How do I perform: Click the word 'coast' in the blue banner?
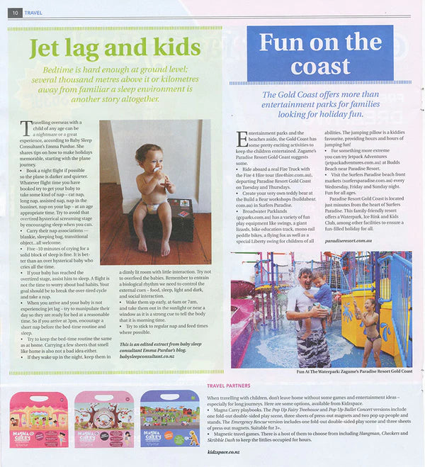tap(320, 67)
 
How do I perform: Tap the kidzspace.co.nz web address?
tap(225, 451)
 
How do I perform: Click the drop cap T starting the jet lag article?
tap(27, 128)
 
